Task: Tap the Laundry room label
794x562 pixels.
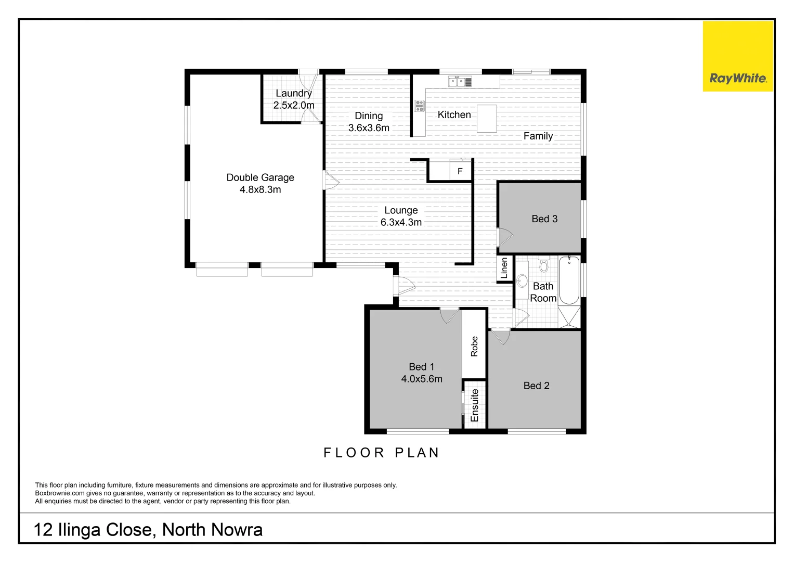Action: click(293, 93)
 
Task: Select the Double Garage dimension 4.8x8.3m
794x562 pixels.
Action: click(260, 190)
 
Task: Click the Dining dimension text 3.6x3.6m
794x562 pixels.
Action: click(369, 128)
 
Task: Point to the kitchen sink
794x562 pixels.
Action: click(457, 82)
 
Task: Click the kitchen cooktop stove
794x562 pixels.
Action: click(420, 106)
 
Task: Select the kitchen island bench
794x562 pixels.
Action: click(487, 119)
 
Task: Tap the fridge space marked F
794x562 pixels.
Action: click(460, 171)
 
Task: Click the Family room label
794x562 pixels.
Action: click(538, 136)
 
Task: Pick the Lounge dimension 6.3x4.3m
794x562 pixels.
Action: click(401, 223)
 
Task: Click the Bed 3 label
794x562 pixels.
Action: click(544, 219)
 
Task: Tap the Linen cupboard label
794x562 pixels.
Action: click(504, 269)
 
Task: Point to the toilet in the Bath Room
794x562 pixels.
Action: click(544, 265)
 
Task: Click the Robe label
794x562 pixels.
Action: click(474, 347)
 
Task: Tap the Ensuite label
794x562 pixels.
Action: click(474, 405)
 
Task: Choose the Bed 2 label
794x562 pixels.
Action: click(536, 386)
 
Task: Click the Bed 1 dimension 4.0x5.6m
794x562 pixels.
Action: click(422, 379)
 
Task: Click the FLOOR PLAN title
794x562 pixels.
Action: click(381, 453)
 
